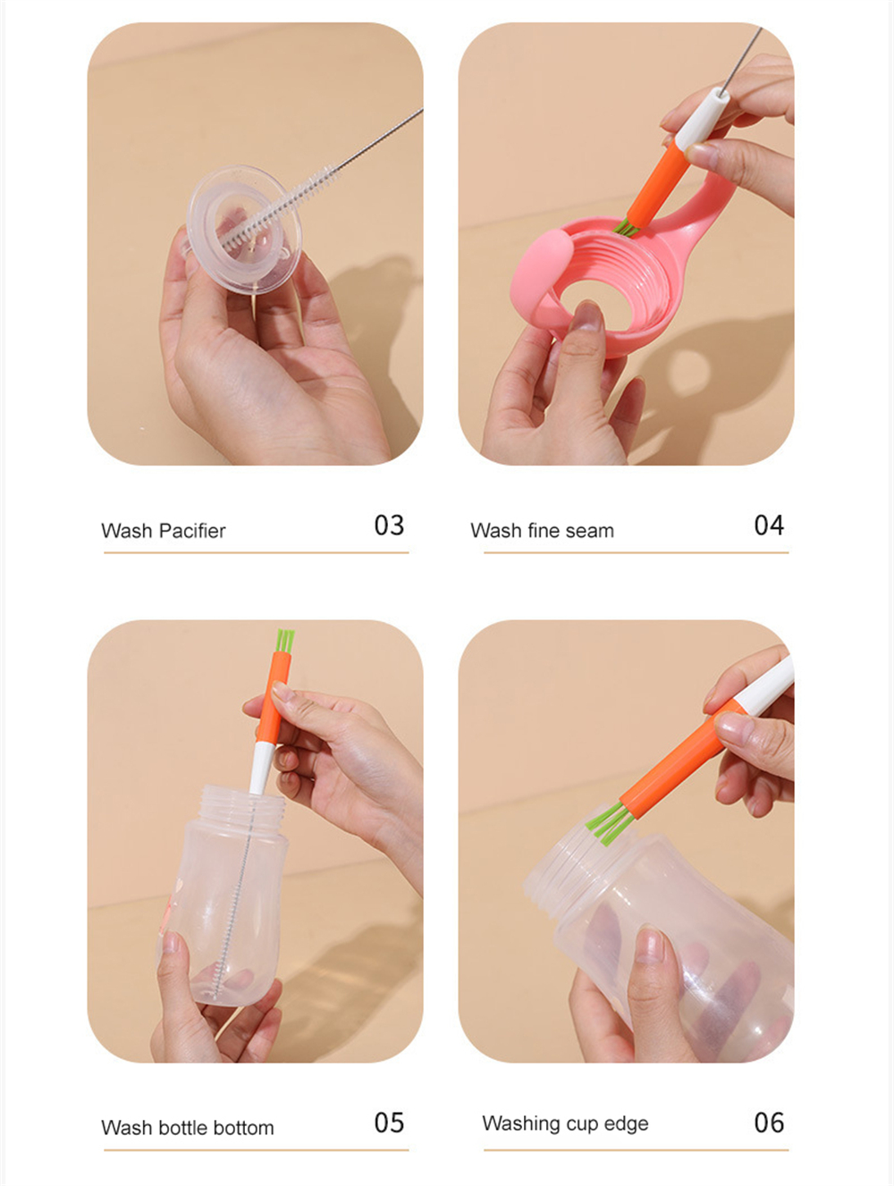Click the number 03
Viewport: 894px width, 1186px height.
click(x=389, y=526)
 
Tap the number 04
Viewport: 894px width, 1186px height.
click(x=769, y=526)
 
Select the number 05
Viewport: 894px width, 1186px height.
click(x=389, y=1123)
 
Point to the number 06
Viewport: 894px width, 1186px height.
click(x=769, y=1123)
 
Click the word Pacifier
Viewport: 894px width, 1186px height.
click(x=192, y=531)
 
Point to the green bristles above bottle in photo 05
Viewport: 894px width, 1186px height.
click(x=285, y=640)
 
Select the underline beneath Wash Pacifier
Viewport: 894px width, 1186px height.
click(x=257, y=552)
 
